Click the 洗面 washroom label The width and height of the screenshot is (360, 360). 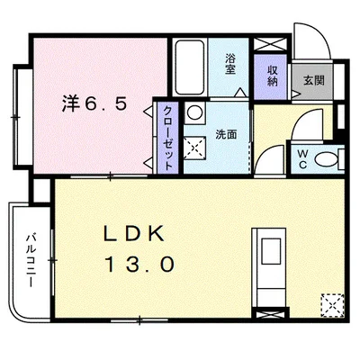(226, 136)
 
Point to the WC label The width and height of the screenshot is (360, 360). (302, 159)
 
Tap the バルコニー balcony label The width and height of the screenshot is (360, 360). (30, 257)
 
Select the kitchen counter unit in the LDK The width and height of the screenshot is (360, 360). (271, 265)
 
